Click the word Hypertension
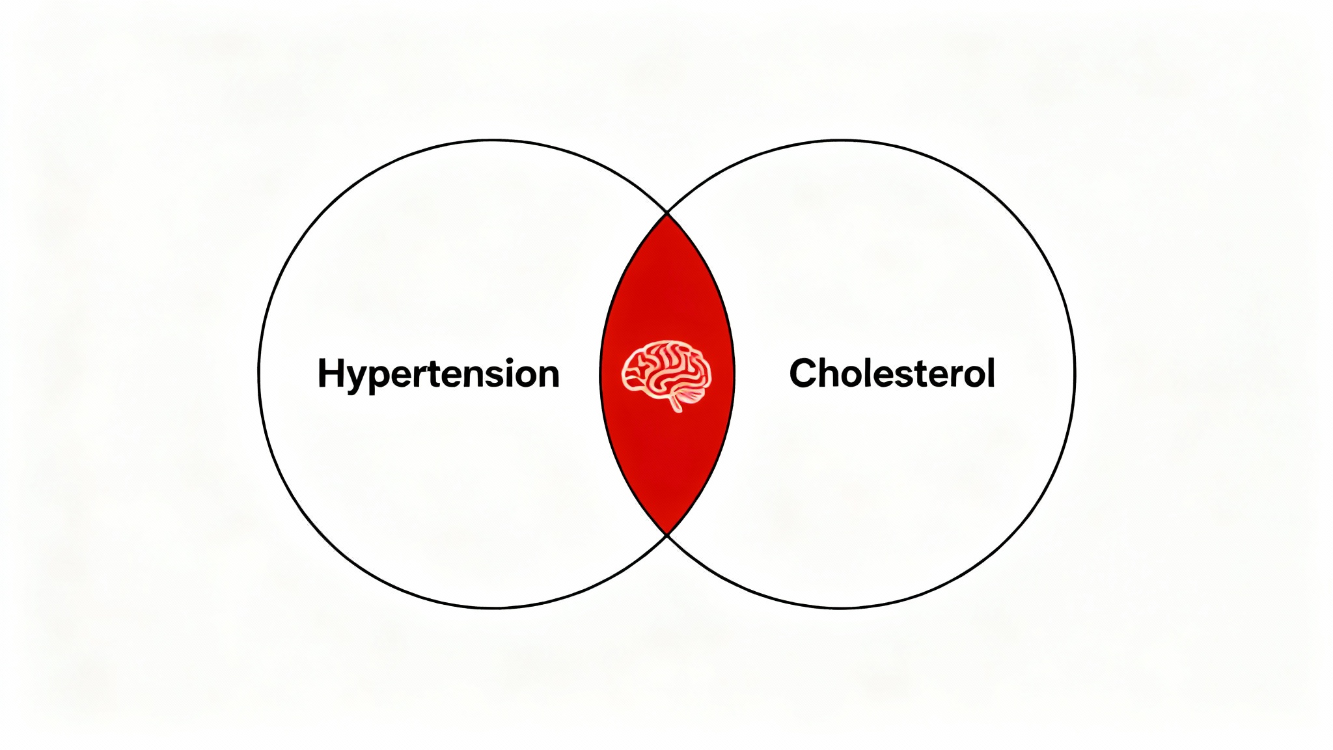pos(438,374)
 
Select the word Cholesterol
pos(892,373)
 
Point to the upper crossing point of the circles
pos(667,212)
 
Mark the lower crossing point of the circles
pos(667,535)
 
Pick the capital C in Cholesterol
pos(805,373)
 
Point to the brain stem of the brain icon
pos(677,404)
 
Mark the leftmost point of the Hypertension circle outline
pos(259,374)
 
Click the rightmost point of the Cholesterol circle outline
pos(1075,374)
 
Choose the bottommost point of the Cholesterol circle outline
pos(840,608)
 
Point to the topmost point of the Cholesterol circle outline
pos(840,140)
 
